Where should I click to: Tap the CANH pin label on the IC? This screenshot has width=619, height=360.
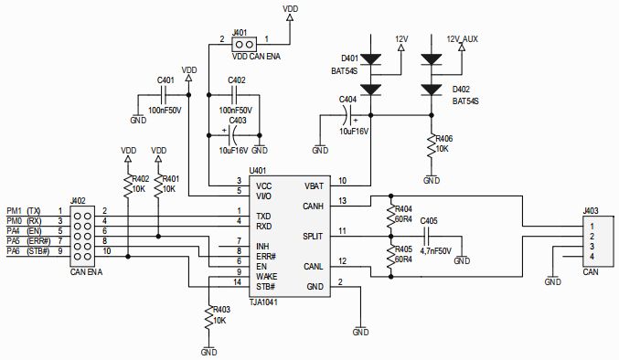pos(315,206)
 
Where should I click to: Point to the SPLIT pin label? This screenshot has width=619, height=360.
pos(315,236)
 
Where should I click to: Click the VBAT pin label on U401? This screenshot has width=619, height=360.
pos(315,184)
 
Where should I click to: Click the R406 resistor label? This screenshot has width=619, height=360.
pos(443,139)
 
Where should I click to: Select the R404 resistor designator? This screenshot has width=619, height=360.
pos(402,209)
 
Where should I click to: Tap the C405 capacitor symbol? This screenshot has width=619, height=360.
pos(427,236)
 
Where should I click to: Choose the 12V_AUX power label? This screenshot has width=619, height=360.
pos(462,39)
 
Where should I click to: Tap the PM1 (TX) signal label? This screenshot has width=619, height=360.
pos(24,211)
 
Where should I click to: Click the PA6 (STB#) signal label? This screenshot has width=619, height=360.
pos(27,251)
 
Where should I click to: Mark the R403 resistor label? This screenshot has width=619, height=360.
pos(220,310)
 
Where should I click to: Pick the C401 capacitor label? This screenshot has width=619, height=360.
pos(165,79)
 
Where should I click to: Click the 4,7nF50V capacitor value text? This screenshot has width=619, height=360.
pos(437,249)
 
